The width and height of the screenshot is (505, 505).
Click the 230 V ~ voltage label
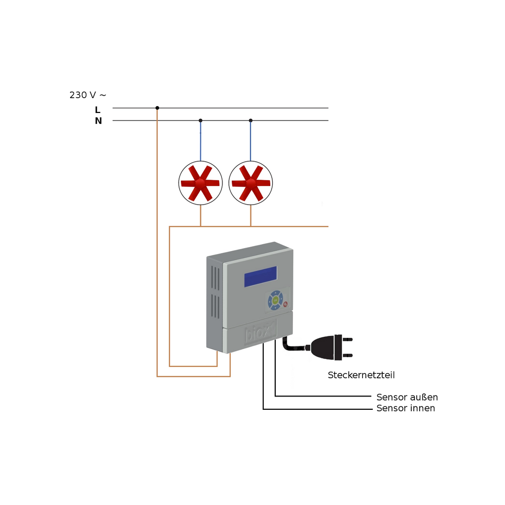pyautogui.click(x=88, y=95)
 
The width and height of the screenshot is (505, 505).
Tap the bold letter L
pyautogui.click(x=98, y=110)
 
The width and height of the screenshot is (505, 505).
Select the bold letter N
pyautogui.click(x=98, y=121)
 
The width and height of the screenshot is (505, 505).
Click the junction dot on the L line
pyautogui.click(x=157, y=108)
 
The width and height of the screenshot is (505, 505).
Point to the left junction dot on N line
pyautogui.click(x=200, y=120)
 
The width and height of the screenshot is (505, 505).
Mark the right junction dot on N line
pyautogui.click(x=251, y=120)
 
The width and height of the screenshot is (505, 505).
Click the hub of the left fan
pyautogui.click(x=200, y=183)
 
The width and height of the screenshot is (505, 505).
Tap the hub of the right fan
pyautogui.click(x=250, y=183)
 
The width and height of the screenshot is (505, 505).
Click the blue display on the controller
pyautogui.click(x=260, y=276)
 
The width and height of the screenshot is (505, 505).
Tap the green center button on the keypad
pyautogui.click(x=275, y=300)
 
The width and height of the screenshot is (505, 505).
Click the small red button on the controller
pyautogui.click(x=286, y=304)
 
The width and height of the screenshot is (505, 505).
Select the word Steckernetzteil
pyautogui.click(x=361, y=375)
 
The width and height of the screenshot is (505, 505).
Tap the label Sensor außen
pyautogui.click(x=407, y=397)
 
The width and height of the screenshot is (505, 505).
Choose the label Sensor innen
pyautogui.click(x=406, y=408)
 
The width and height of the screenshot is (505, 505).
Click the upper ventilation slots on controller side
pyautogui.click(x=215, y=278)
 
